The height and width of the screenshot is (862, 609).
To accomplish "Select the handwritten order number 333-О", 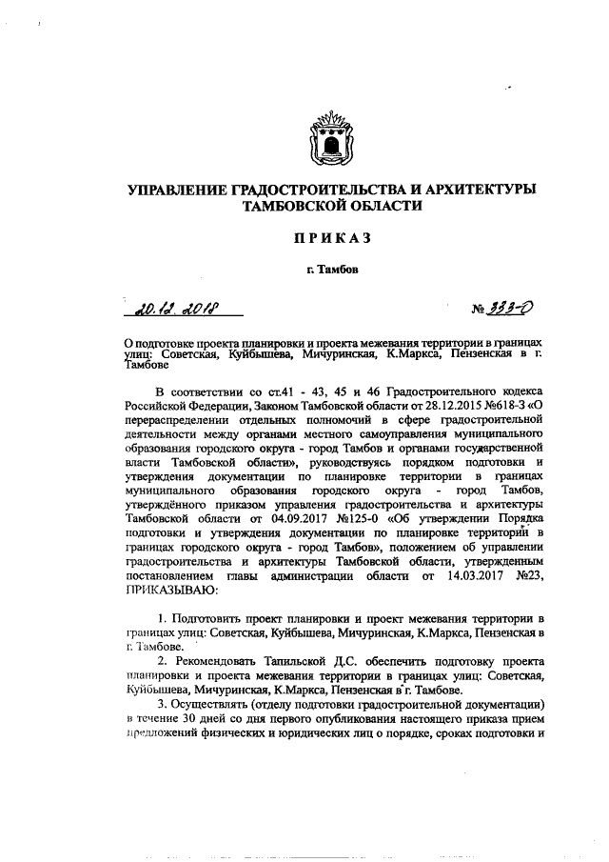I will tap(515, 307).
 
